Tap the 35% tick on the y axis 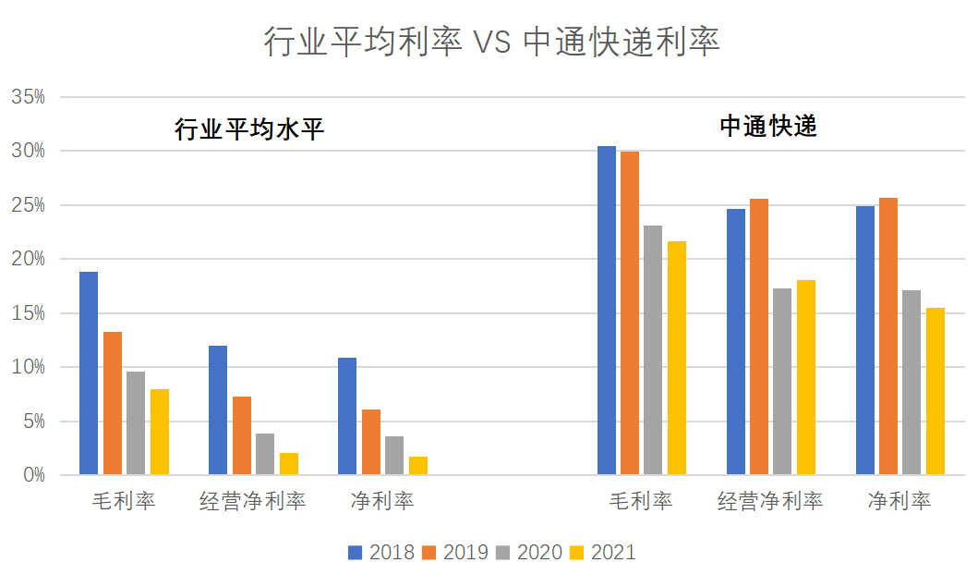point(27,96)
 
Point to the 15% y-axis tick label point(27,313)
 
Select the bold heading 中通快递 point(768,127)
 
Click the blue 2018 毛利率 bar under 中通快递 point(606,311)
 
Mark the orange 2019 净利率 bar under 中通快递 point(888,336)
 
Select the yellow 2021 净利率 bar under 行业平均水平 point(418,466)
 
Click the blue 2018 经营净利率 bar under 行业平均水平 point(218,410)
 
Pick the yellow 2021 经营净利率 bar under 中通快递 point(806,377)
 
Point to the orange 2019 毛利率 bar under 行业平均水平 point(113,403)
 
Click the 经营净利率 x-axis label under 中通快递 point(770,501)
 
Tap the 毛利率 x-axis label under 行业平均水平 point(124,501)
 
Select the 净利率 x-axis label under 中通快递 point(900,501)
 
